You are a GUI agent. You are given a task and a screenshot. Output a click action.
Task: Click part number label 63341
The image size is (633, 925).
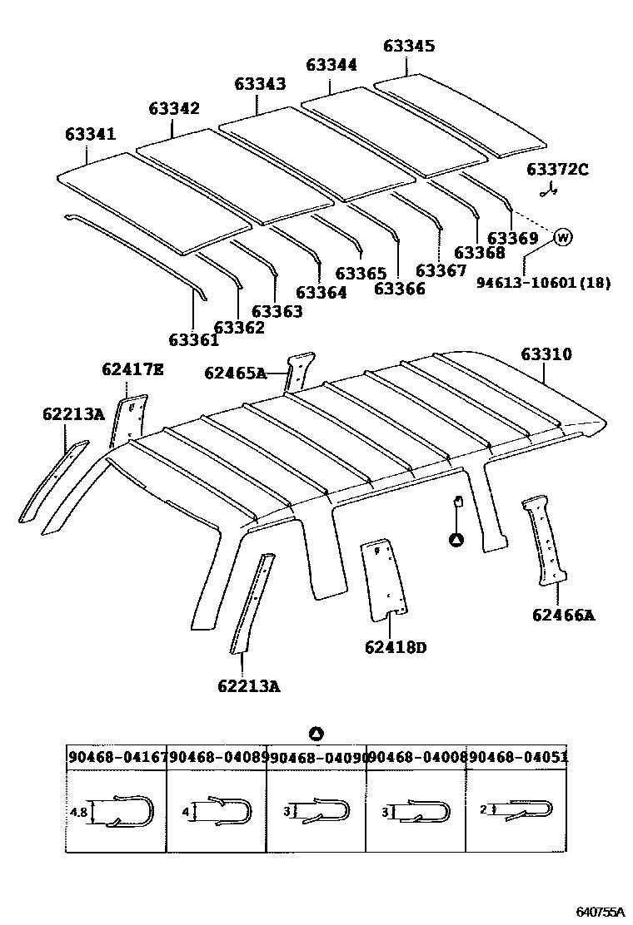[90, 135]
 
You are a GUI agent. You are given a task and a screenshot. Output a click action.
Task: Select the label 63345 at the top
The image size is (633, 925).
[409, 47]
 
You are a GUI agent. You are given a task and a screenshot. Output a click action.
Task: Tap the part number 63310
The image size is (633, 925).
[546, 354]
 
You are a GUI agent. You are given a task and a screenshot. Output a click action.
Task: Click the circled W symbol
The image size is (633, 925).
[563, 238]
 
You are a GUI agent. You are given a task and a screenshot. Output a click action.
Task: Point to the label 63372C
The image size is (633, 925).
[557, 170]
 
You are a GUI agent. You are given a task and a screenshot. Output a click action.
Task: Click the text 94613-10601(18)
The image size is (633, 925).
[543, 283]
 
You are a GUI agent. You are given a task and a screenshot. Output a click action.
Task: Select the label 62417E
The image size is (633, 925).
[132, 369]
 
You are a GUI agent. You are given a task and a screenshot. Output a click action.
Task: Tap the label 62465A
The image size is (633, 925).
[234, 373]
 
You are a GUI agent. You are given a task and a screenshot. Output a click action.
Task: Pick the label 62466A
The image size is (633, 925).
[564, 615]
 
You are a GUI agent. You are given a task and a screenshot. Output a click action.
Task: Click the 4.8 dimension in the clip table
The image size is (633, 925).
[78, 811]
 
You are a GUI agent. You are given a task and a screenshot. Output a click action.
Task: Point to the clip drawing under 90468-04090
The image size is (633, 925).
[321, 810]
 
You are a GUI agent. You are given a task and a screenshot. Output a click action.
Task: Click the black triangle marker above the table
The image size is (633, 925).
[316, 734]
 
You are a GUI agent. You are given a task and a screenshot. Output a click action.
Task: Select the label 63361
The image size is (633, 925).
[193, 339]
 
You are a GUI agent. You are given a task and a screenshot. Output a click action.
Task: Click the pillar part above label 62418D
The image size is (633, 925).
[384, 579]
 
